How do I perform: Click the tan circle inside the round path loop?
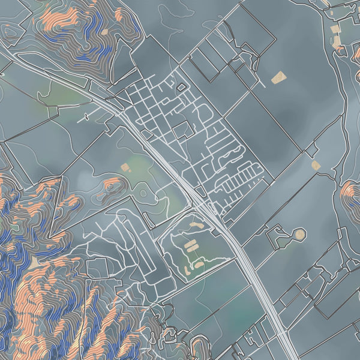click(x=299, y=234)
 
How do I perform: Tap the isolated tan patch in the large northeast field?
click(x=277, y=77)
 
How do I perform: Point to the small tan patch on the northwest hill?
click(x=104, y=32)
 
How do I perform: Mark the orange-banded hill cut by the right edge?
click(x=350, y=195)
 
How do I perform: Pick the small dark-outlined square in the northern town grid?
click(x=181, y=88)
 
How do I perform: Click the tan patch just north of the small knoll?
click(x=125, y=167)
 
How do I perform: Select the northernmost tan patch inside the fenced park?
click(x=196, y=224)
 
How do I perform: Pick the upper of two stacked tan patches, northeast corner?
click(x=335, y=29)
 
